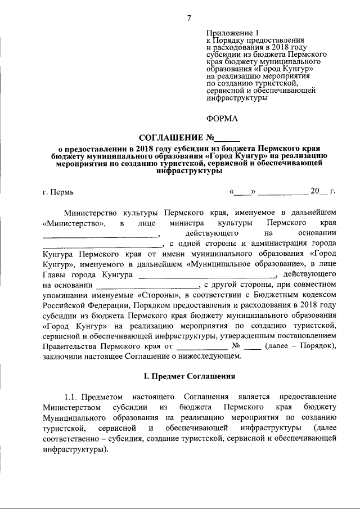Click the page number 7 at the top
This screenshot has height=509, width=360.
click(189, 18)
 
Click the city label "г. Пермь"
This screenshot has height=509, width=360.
click(58, 191)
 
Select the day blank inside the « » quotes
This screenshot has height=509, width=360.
click(242, 191)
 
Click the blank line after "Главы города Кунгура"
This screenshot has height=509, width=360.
click(208, 275)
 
